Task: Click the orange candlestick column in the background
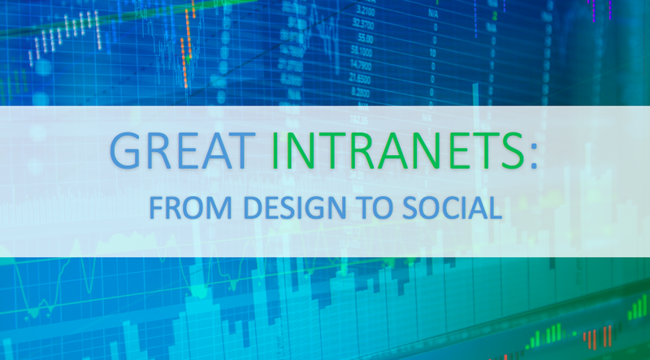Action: (x=185, y=49)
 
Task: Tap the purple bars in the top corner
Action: (x=605, y=10)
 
